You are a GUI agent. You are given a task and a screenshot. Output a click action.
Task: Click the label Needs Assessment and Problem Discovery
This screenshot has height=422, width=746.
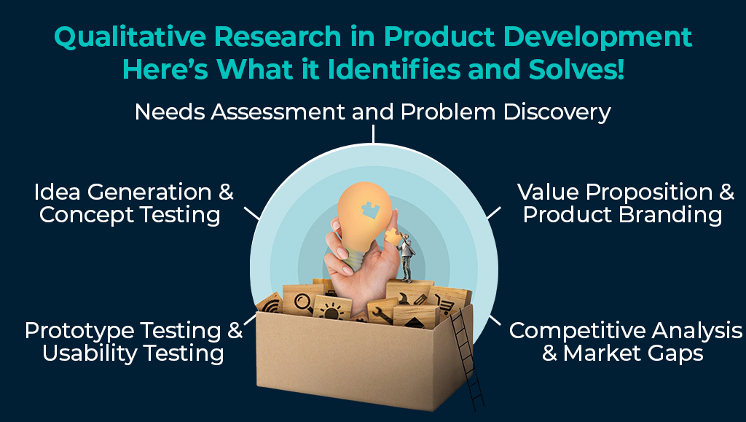(372, 112)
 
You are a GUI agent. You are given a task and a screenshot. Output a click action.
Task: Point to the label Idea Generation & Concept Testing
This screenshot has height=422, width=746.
(133, 203)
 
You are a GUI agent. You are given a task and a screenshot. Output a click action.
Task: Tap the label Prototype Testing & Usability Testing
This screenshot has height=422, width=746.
(133, 342)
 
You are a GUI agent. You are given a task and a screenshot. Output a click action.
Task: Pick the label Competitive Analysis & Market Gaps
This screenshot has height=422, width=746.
(626, 342)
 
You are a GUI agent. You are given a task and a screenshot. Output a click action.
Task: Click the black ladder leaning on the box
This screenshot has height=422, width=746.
(466, 357)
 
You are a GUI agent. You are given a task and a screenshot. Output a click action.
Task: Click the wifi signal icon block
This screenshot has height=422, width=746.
(270, 303)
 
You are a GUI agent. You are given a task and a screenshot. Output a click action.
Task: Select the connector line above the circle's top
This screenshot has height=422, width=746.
(373, 133)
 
